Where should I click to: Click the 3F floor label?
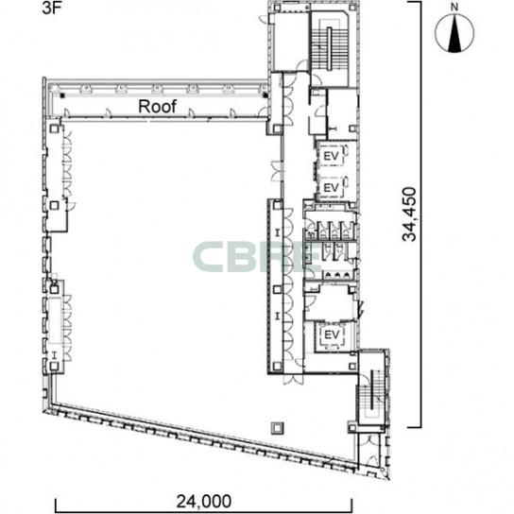pyautogui.click(x=52, y=9)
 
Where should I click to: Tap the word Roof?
pyautogui.click(x=158, y=107)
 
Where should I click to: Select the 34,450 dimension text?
pyautogui.click(x=409, y=214)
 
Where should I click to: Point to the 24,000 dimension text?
pyautogui.click(x=203, y=501)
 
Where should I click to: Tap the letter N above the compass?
pyautogui.click(x=454, y=8)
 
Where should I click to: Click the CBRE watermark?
pyautogui.click(x=257, y=257)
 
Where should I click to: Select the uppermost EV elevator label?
pyautogui.click(x=331, y=156)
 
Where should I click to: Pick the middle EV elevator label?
pyautogui.click(x=331, y=188)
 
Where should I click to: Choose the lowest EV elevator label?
pyautogui.click(x=332, y=335)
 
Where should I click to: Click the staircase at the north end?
pyautogui.click(x=330, y=47)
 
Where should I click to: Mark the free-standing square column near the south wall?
pyautogui.click(x=278, y=428)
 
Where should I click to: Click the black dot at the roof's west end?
pyautogui.click(x=62, y=95)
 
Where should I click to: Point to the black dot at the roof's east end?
pyautogui.click(x=266, y=95)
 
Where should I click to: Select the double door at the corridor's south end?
pyautogui.click(x=294, y=380)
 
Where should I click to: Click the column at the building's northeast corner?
pyautogui.click(x=352, y=8)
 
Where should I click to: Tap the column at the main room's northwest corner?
pyautogui.click(x=55, y=128)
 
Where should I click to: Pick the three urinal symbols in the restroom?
pyautogui.click(x=337, y=275)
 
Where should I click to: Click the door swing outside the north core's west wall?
pyautogui.click(x=264, y=19)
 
